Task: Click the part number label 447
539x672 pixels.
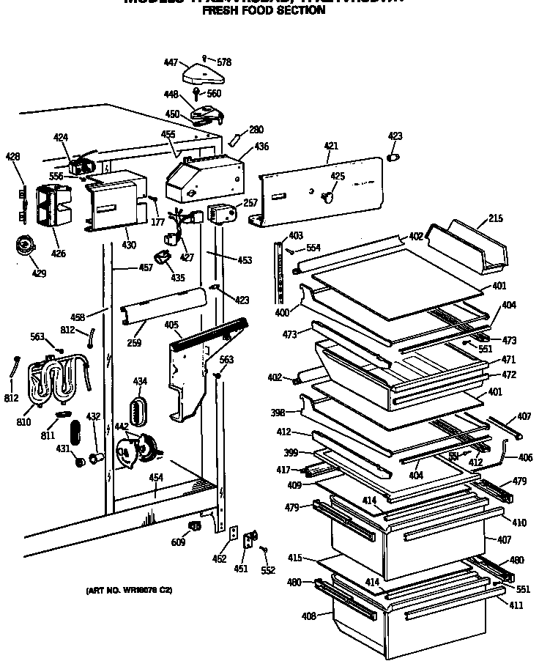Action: pos(171,63)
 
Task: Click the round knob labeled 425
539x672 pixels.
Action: pos(328,196)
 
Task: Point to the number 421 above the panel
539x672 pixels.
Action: pos(330,147)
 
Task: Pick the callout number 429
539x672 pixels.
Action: pos(39,273)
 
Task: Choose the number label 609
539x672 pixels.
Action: pos(179,542)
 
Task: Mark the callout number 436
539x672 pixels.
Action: pos(261,147)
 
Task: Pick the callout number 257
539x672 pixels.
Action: pos(250,202)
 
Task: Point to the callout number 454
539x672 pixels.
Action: pos(155,478)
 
